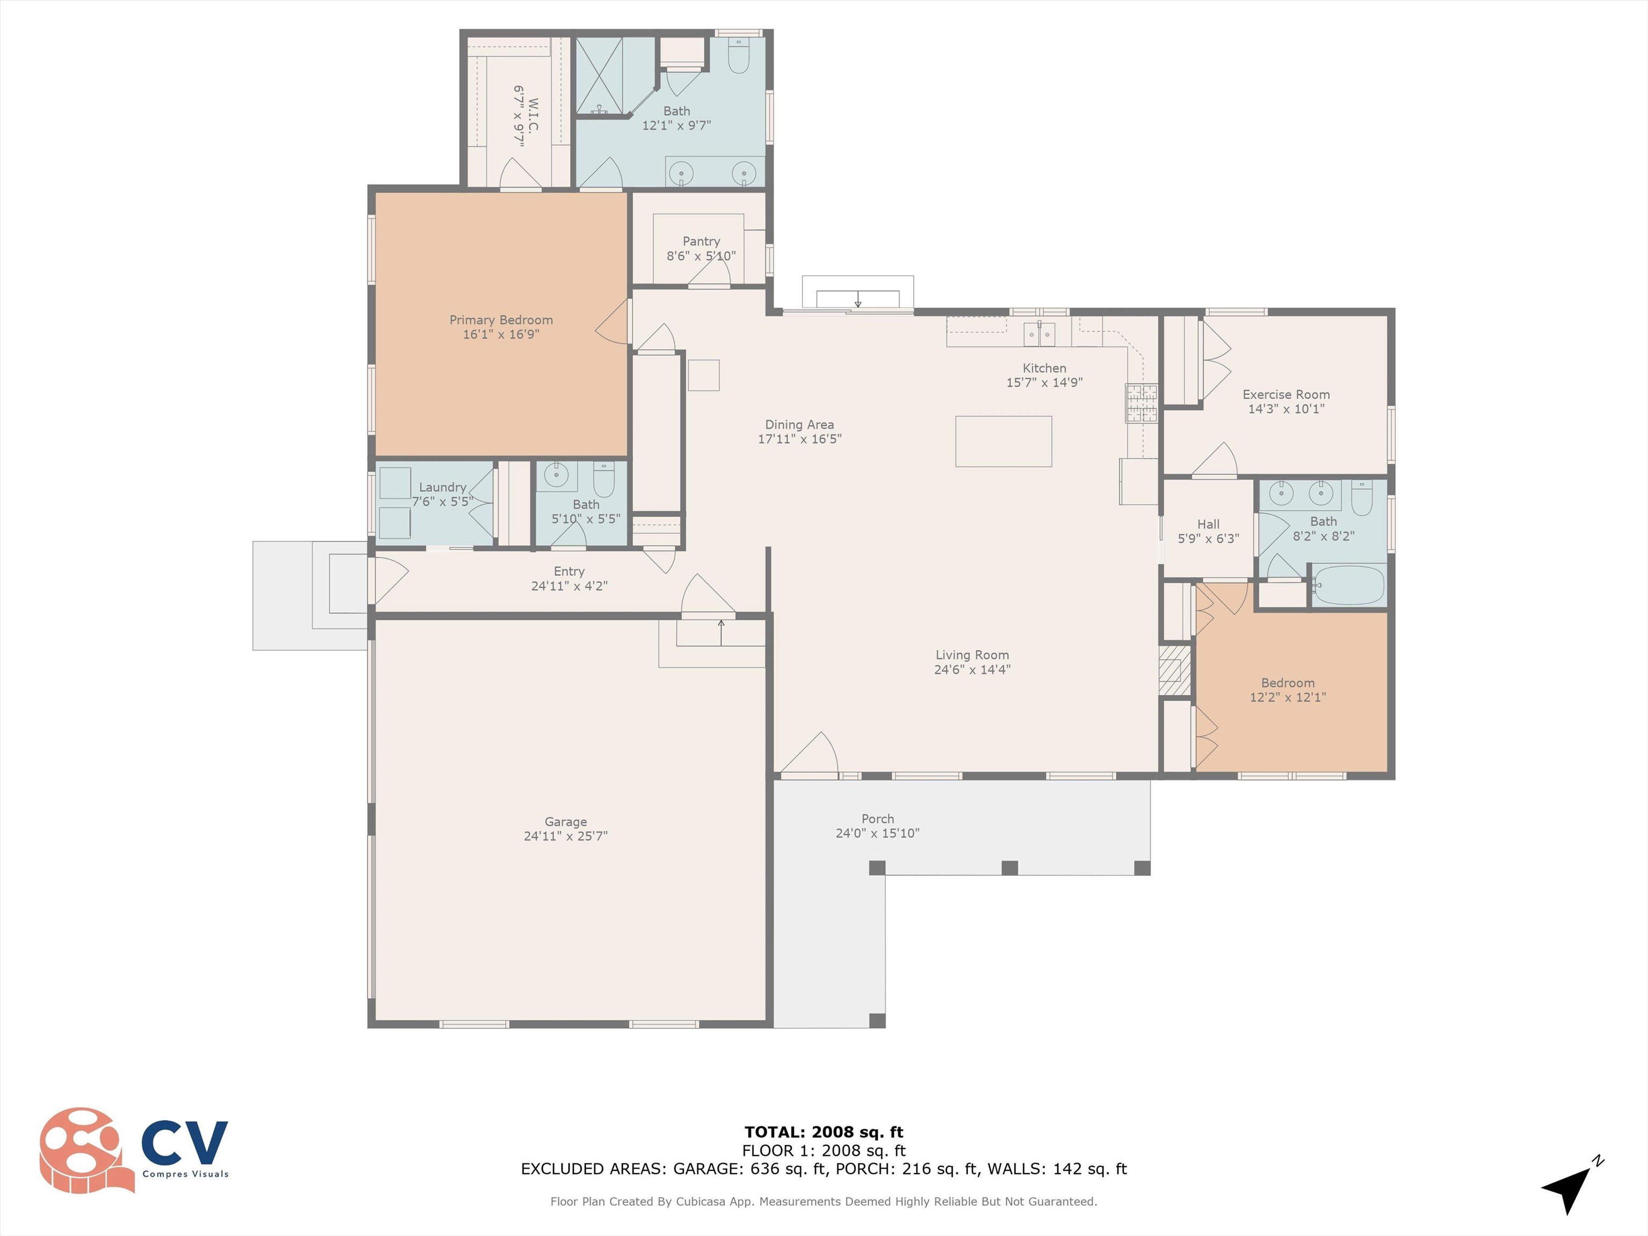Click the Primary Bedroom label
(x=501, y=320)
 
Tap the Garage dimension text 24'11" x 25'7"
(x=565, y=836)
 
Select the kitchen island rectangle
(x=1004, y=441)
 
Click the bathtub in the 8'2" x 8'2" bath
(x=1349, y=585)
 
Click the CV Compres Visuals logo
(x=134, y=1150)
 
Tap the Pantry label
(x=701, y=241)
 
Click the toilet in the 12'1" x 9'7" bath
(x=738, y=54)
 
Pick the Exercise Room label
(x=1286, y=394)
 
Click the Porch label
(x=878, y=819)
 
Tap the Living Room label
(x=972, y=655)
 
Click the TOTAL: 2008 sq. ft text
(x=824, y=1132)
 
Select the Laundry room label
(x=443, y=487)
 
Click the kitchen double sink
(x=1039, y=335)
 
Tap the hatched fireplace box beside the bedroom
(x=1169, y=670)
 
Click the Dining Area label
(x=799, y=425)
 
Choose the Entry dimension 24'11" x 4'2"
(x=569, y=586)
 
